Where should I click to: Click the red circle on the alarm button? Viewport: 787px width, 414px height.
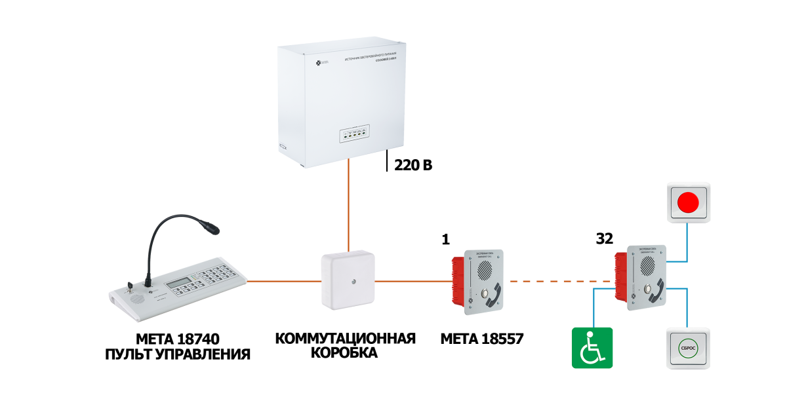(x=688, y=202)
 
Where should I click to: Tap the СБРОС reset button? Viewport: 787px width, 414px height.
(x=688, y=348)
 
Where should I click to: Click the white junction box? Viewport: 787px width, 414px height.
(x=348, y=280)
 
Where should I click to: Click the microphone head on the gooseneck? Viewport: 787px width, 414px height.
(x=211, y=229)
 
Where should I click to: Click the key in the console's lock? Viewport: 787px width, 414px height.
(x=130, y=286)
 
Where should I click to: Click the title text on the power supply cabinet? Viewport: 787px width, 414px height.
(x=375, y=56)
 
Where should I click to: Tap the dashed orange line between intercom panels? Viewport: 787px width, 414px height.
(x=560, y=281)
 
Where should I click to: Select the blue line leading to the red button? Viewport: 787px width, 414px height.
(x=687, y=242)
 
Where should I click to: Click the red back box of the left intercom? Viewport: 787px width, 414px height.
(x=458, y=282)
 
